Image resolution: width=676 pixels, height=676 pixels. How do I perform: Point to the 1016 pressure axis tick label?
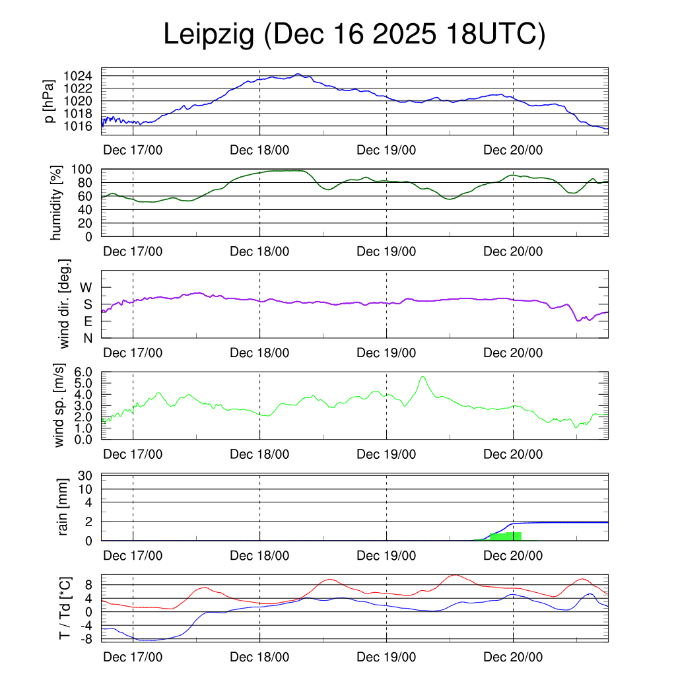pyautogui.click(x=81, y=126)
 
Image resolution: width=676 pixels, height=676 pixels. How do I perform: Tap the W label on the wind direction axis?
pyautogui.click(x=86, y=287)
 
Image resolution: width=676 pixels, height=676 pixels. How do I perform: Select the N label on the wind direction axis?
pyautogui.click(x=87, y=338)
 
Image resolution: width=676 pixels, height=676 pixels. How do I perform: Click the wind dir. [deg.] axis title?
pyautogui.click(x=65, y=304)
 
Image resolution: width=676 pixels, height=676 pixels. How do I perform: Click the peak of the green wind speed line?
pyautogui.click(x=422, y=377)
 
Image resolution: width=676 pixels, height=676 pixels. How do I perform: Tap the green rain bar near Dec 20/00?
pyautogui.click(x=506, y=536)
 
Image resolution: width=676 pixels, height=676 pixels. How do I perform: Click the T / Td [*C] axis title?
pyautogui.click(x=65, y=607)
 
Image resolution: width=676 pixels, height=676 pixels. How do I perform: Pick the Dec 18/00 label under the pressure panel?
pyautogui.click(x=259, y=150)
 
